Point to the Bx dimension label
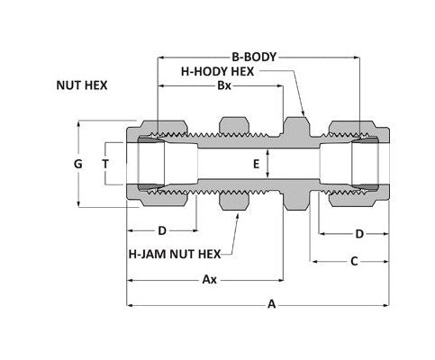click(223, 86)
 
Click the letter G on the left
click(78, 164)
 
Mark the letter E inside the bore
click(256, 164)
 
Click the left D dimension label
click(162, 233)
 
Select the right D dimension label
click(358, 233)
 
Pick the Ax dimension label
click(209, 280)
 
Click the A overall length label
click(272, 304)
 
